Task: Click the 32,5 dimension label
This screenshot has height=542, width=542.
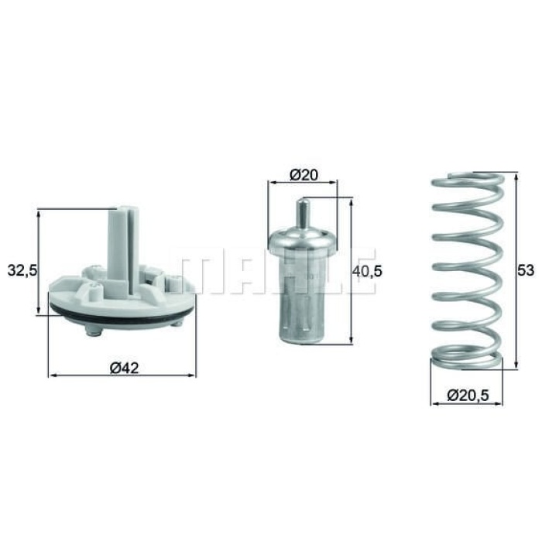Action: coord(22,271)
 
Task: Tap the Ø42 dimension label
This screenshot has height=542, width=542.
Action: coord(124,368)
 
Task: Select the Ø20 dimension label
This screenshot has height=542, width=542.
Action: coord(304,175)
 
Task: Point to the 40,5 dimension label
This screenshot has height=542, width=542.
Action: coord(367,271)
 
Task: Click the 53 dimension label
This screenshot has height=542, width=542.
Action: coord(526,270)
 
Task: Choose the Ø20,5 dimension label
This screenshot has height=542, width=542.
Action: coord(468,395)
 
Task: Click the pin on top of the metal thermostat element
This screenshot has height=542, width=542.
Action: coord(303,214)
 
